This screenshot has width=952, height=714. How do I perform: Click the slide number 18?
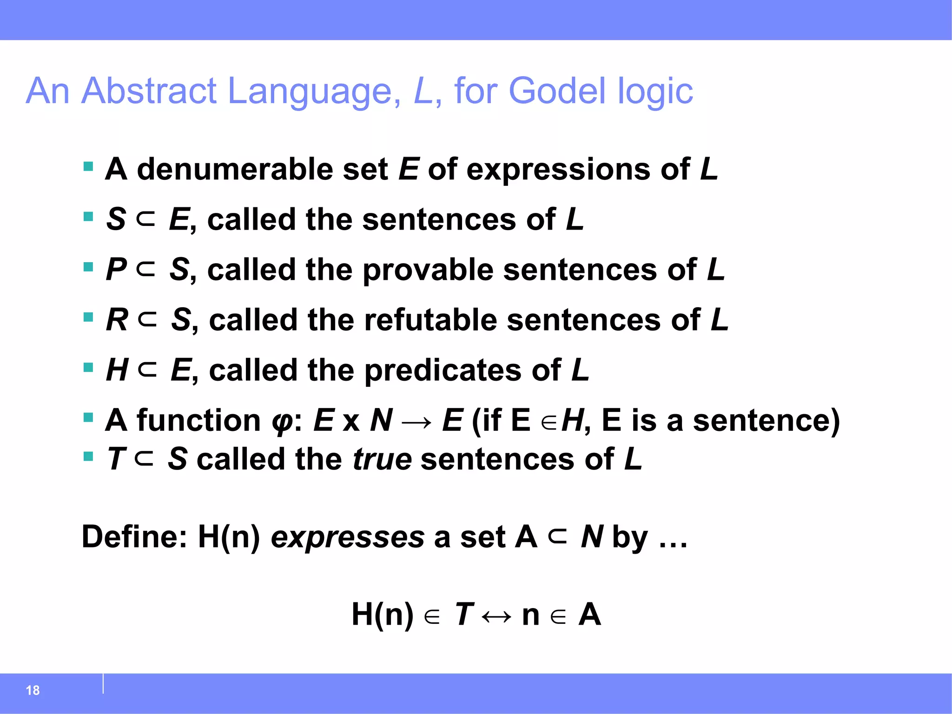pyautogui.click(x=33, y=690)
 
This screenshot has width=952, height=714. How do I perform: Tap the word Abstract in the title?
pyautogui.click(x=149, y=91)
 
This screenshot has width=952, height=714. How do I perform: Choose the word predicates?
pyautogui.click(x=443, y=371)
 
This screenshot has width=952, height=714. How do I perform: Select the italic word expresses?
pyautogui.click(x=347, y=537)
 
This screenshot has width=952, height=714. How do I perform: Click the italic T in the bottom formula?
pyautogui.click(x=463, y=615)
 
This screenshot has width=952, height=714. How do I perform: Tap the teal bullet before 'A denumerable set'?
pyautogui.click(x=88, y=166)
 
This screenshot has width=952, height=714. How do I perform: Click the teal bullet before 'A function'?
pyautogui.click(x=88, y=417)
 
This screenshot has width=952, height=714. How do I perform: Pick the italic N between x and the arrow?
pyautogui.click(x=381, y=421)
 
